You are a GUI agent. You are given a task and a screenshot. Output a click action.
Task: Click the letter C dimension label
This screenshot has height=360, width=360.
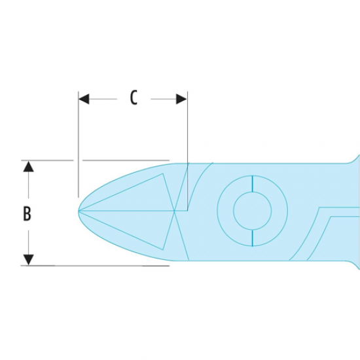(134, 98)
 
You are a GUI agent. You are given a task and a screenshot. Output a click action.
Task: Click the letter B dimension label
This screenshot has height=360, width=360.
(27, 214)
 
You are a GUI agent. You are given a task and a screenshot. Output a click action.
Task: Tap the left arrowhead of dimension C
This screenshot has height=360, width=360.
(84, 99)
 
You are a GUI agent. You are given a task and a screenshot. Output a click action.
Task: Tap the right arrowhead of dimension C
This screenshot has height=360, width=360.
(181, 99)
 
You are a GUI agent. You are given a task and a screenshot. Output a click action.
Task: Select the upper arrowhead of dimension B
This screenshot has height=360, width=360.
(28, 166)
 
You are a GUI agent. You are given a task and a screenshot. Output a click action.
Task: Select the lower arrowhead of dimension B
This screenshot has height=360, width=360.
(28, 260)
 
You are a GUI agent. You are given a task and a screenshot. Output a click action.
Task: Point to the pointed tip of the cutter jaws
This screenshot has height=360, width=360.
(79, 211)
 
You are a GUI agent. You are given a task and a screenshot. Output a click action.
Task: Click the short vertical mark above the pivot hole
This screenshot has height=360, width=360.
(253, 183)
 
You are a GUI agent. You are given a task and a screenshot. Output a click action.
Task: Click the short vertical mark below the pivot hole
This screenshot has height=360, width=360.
(253, 238)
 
